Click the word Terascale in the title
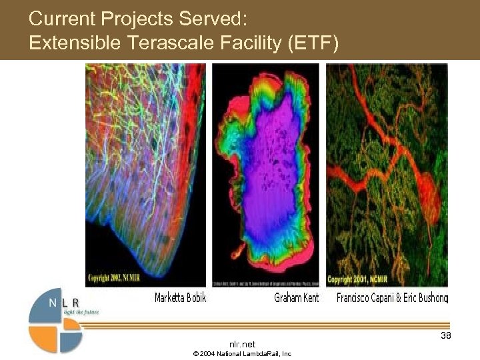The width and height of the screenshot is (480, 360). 177,43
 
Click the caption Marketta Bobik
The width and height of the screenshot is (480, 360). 180,298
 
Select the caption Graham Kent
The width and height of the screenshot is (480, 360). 296,298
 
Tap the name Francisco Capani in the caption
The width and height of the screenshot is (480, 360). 367,298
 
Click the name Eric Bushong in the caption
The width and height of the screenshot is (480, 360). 427,298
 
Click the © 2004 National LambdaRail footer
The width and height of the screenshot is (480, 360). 241,354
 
